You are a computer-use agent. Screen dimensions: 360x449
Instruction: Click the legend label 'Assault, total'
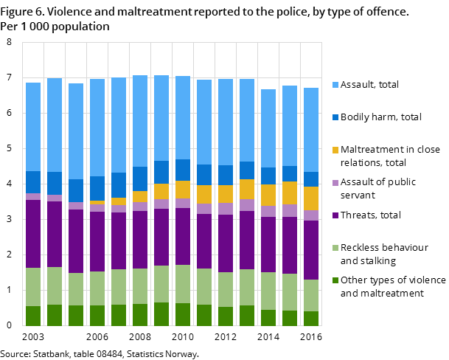pyautogui.click(x=369, y=85)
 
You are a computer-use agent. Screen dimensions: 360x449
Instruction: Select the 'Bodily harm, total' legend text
pyautogui.click(x=380, y=117)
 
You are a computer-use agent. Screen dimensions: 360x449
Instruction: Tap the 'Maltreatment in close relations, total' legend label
pyautogui.click(x=390, y=156)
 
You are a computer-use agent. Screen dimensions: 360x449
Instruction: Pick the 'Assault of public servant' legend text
pyautogui.click(x=378, y=188)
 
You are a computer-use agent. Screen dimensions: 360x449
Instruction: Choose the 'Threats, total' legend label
pyautogui.click(x=370, y=215)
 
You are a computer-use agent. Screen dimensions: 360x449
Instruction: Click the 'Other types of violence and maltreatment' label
pyautogui.click(x=393, y=286)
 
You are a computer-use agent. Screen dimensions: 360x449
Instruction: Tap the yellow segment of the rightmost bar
pyautogui.click(x=311, y=198)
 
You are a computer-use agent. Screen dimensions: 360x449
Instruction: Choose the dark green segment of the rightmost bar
pyautogui.click(x=311, y=318)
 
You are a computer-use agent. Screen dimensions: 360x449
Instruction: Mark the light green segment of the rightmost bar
pyautogui.click(x=311, y=295)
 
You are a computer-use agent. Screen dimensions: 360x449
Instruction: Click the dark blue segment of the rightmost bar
pyautogui.click(x=311, y=179)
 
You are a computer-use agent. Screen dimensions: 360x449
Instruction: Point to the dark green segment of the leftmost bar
pyautogui.click(x=33, y=316)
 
